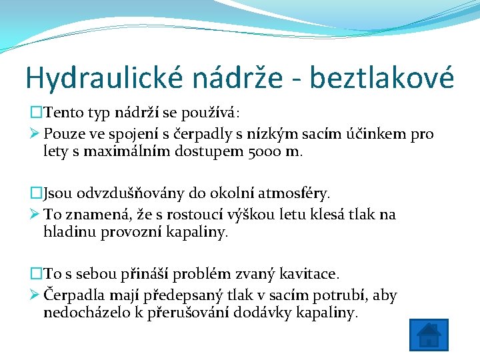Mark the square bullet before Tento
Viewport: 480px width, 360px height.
(x=35, y=113)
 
